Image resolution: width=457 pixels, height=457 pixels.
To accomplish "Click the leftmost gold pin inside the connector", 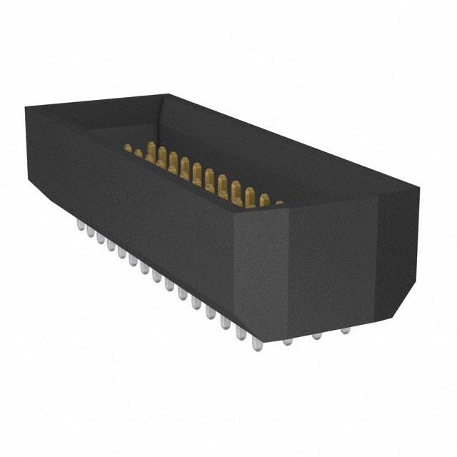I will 128,149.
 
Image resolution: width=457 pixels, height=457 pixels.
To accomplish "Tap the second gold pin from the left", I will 139,153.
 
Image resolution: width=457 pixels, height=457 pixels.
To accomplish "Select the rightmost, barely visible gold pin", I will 278,203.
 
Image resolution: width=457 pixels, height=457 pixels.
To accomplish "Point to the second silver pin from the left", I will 89,231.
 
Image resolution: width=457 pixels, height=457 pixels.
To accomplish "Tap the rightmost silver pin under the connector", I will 346,331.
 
